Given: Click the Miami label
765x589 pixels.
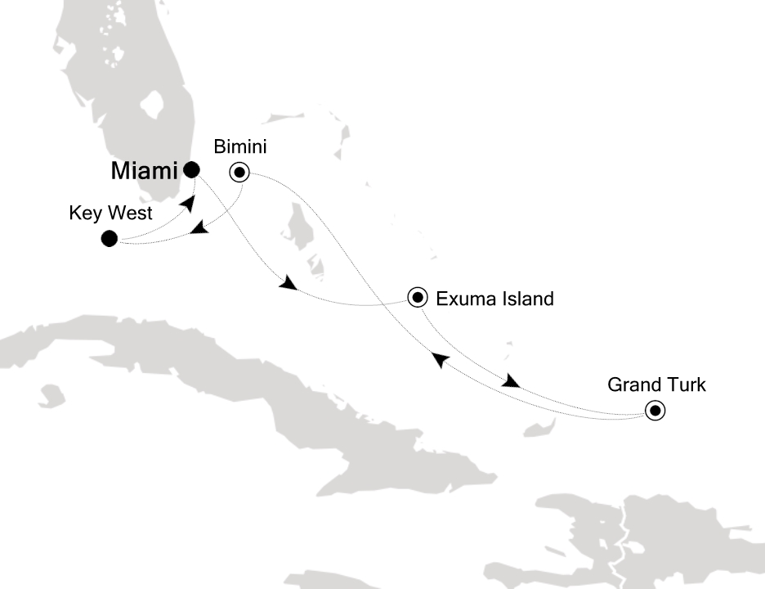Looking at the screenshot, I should (x=143, y=172).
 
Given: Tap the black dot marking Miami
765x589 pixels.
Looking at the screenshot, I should (x=191, y=170).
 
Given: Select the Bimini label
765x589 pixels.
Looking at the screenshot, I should (x=240, y=147).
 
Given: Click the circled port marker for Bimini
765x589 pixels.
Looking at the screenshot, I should (x=239, y=172).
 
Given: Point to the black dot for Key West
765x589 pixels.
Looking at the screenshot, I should (x=109, y=239).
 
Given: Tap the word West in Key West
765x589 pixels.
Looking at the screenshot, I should (x=122, y=215).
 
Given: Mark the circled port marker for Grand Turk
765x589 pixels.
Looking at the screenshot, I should (x=655, y=411).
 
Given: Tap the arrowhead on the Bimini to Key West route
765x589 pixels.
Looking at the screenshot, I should (x=199, y=232).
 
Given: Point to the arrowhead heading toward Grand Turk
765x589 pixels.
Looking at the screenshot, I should (x=511, y=382).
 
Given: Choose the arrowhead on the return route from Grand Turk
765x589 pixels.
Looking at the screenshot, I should (x=439, y=358).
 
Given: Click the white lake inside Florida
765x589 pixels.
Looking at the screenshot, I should (x=152, y=106).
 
